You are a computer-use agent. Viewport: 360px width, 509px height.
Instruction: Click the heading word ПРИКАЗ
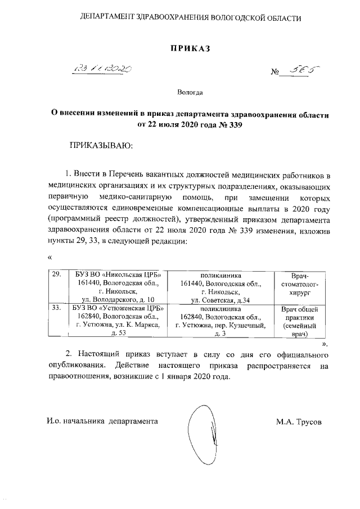[x=190, y=49]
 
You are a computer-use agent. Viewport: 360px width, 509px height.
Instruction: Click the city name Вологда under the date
[x=190, y=91]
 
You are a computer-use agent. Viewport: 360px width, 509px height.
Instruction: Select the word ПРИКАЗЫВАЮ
[x=100, y=146]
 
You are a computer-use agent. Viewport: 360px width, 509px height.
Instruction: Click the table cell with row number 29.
[x=56, y=275]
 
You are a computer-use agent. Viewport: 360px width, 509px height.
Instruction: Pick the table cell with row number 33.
[x=56, y=309]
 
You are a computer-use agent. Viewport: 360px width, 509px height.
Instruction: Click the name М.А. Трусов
[x=299, y=421]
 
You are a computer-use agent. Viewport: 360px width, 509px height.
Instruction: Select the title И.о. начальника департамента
[x=102, y=421]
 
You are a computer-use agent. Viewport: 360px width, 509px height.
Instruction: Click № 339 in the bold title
[x=232, y=124]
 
